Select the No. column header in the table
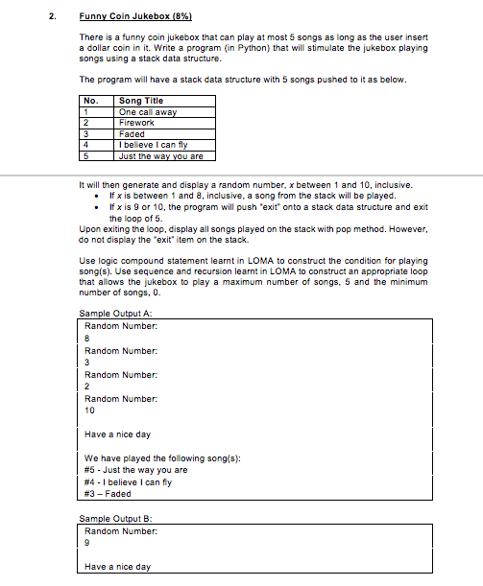pos(91,101)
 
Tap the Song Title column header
pos(140,101)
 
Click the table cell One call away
pos(147,112)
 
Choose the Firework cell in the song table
pos(136,123)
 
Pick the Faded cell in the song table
pos(132,134)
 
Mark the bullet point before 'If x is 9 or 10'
pos(102,206)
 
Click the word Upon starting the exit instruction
pos(89,228)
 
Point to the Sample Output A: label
pos(109,315)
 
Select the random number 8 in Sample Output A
pos(87,337)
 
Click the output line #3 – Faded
pos(108,493)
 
